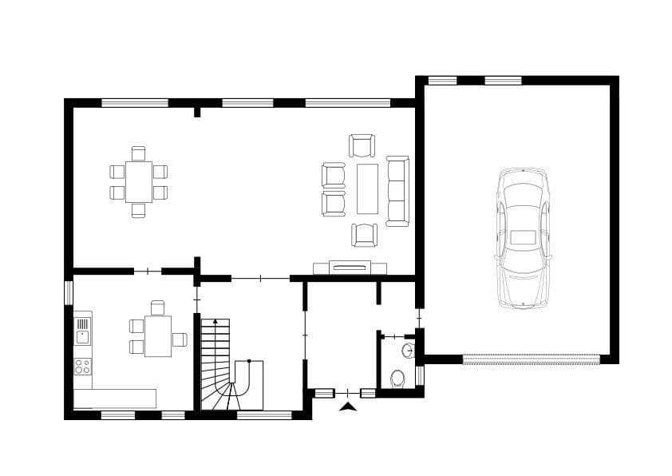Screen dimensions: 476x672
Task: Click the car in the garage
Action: pos(523,237)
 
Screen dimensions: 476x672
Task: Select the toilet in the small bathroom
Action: pos(397,377)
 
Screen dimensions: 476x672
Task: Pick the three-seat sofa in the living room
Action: pos(397,190)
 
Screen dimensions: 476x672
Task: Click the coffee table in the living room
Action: pos(367,188)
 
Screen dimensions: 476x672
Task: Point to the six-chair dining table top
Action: pos(138,181)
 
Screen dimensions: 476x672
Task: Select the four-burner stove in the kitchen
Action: pos(82,367)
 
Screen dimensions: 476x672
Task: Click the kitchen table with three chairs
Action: pos(157,336)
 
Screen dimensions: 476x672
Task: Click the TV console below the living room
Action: pos(350,268)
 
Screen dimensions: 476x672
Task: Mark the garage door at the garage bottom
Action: pos(531,359)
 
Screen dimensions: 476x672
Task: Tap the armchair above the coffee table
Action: pos(362,145)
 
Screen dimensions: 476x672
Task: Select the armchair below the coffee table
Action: pos(364,235)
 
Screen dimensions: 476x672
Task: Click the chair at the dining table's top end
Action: pos(138,153)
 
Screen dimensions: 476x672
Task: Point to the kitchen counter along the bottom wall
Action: pos(115,398)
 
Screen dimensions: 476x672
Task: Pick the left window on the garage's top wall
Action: pos(442,80)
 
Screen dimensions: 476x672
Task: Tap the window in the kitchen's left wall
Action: pos(69,292)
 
